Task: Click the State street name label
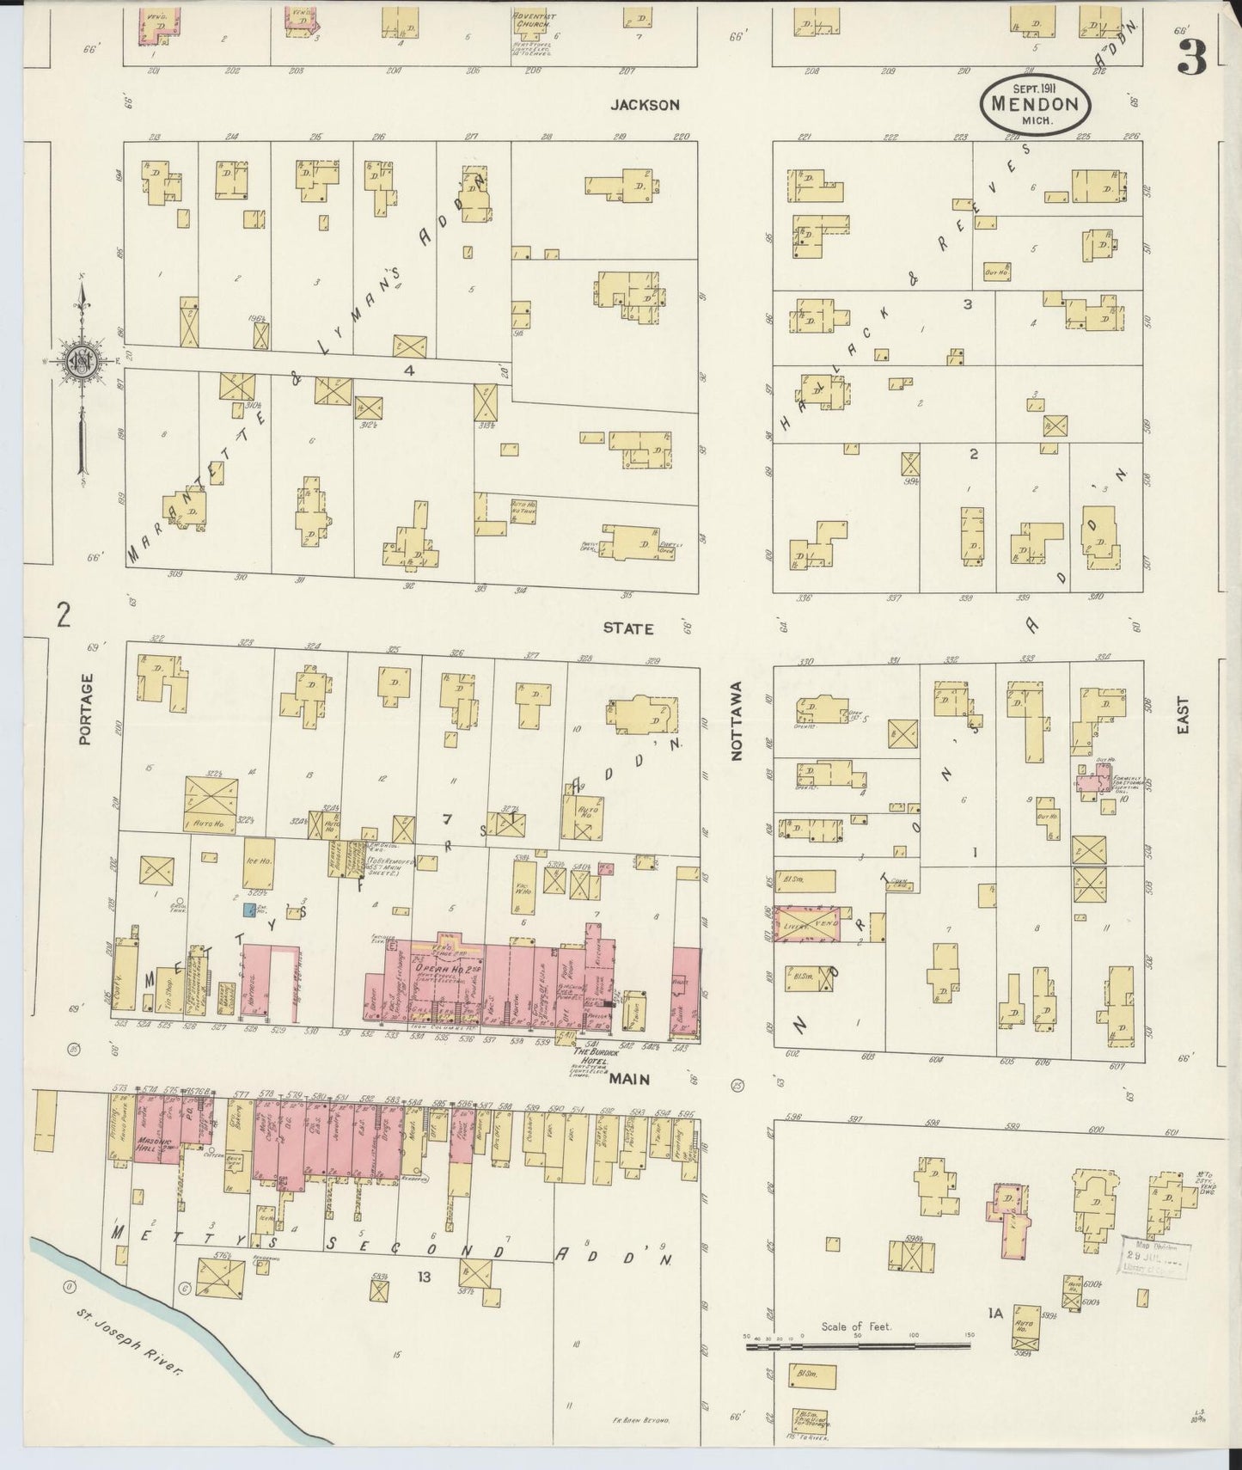(627, 628)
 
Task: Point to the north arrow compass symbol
(80, 362)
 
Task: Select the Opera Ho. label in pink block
(437, 971)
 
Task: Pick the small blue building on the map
(248, 909)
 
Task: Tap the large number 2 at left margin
(62, 616)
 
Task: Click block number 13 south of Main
(424, 1277)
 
